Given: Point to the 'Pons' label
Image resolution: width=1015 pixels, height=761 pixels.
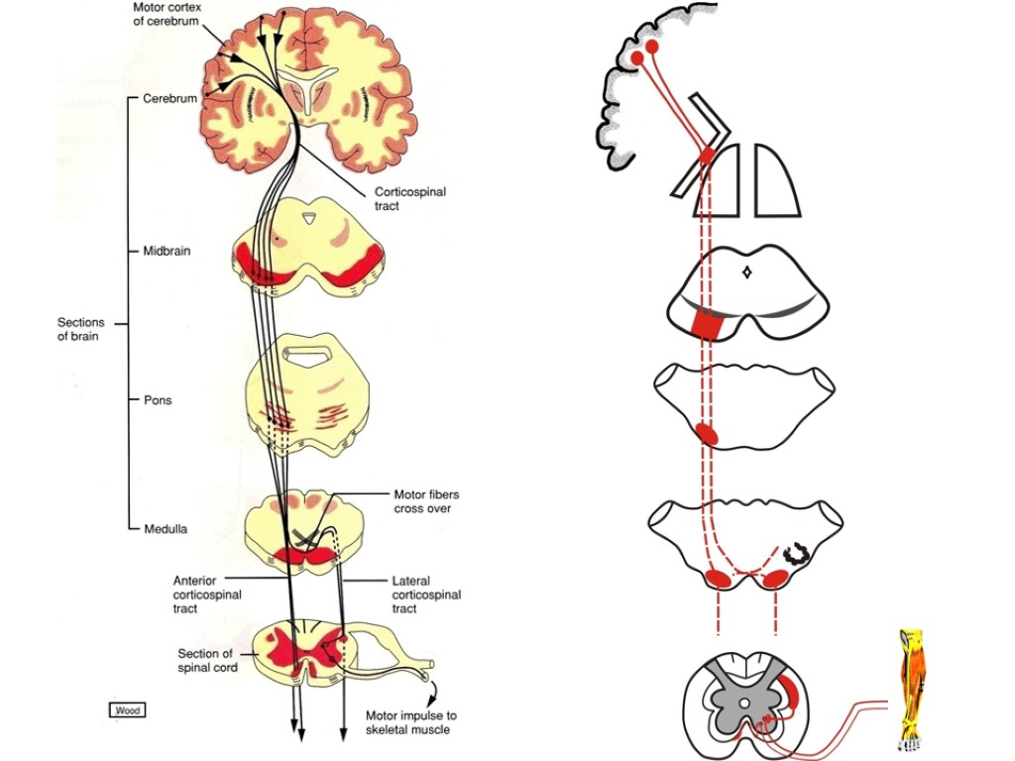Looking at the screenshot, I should (x=159, y=401).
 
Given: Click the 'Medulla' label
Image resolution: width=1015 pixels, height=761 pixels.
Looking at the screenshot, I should (x=166, y=529).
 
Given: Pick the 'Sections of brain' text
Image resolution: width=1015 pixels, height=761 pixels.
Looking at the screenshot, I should (x=80, y=329).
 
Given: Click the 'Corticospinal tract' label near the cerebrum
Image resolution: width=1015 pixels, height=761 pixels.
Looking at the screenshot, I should (x=409, y=199).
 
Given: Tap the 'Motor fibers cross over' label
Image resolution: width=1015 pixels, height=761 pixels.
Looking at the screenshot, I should (x=426, y=501).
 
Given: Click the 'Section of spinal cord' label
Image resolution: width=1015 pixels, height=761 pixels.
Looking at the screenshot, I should (x=207, y=660).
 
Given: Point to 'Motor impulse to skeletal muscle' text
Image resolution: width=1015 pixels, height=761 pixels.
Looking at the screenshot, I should (x=411, y=722).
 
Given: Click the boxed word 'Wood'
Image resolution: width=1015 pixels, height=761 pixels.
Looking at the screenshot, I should (x=127, y=709).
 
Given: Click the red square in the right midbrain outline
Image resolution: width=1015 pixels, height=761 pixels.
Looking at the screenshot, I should (x=709, y=324).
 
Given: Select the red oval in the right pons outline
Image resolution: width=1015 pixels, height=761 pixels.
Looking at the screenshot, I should (x=708, y=433).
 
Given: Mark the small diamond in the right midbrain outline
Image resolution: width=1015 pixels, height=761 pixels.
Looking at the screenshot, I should (x=748, y=270).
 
